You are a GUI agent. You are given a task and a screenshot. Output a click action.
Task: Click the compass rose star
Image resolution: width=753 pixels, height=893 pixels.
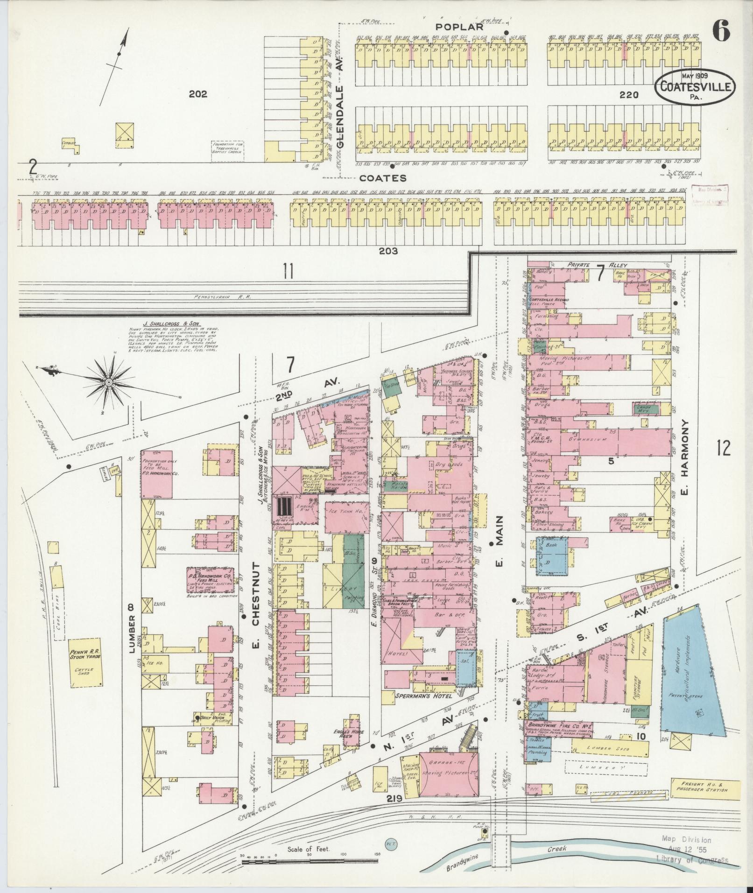[108, 382]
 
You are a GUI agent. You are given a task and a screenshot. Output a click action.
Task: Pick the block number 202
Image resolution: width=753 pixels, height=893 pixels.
[198, 94]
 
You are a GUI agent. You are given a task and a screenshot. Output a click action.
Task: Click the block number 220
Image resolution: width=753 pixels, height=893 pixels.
[629, 95]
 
